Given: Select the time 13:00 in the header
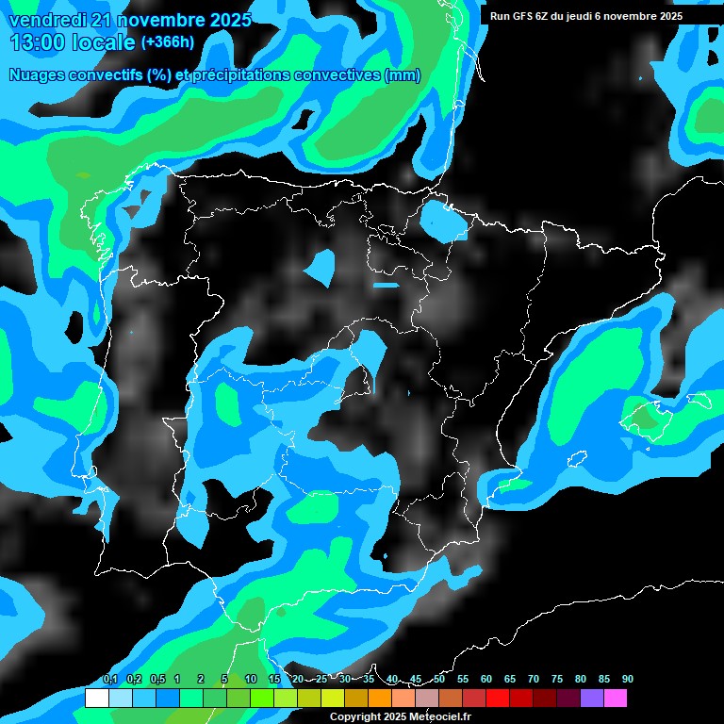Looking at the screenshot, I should point(39,42).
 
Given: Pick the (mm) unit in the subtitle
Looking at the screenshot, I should point(403,75).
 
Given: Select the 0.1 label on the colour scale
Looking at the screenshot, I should point(110,679).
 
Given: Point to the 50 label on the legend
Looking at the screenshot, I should point(439,679).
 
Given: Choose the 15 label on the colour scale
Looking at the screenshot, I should point(274,679).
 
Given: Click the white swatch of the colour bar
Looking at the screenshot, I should point(96,699).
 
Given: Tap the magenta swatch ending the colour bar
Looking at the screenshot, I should point(616,699).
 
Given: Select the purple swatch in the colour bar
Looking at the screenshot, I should point(592,699).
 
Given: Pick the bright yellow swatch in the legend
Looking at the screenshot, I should point(332,699).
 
